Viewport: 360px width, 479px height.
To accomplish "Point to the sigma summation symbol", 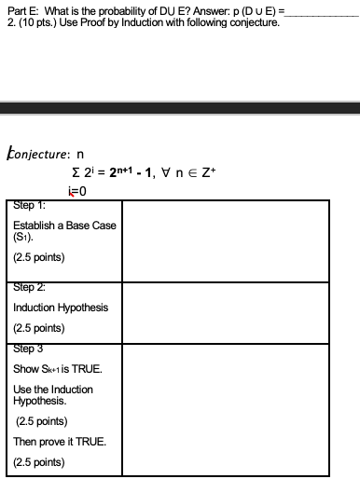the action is (x=75, y=174).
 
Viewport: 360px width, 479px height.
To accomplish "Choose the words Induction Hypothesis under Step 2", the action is (x=61, y=308).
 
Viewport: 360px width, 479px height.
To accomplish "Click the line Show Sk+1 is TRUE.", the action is (x=56, y=369).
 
